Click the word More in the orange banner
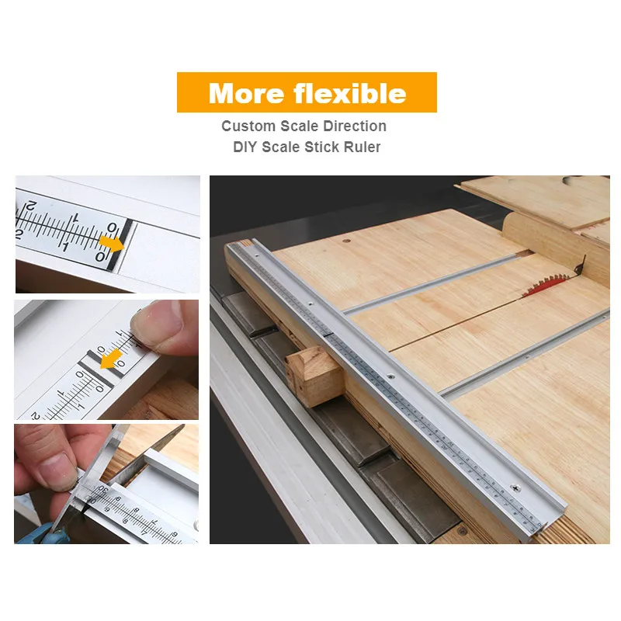pos(247,93)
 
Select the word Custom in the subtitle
pos(248,126)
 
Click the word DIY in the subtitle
pos(248,147)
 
